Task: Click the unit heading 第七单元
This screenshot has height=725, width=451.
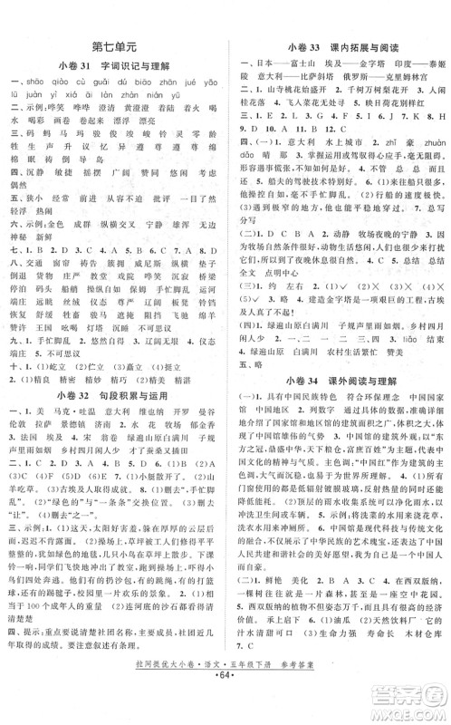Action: coord(113,45)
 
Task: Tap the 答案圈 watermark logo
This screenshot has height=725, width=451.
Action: coord(399,693)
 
